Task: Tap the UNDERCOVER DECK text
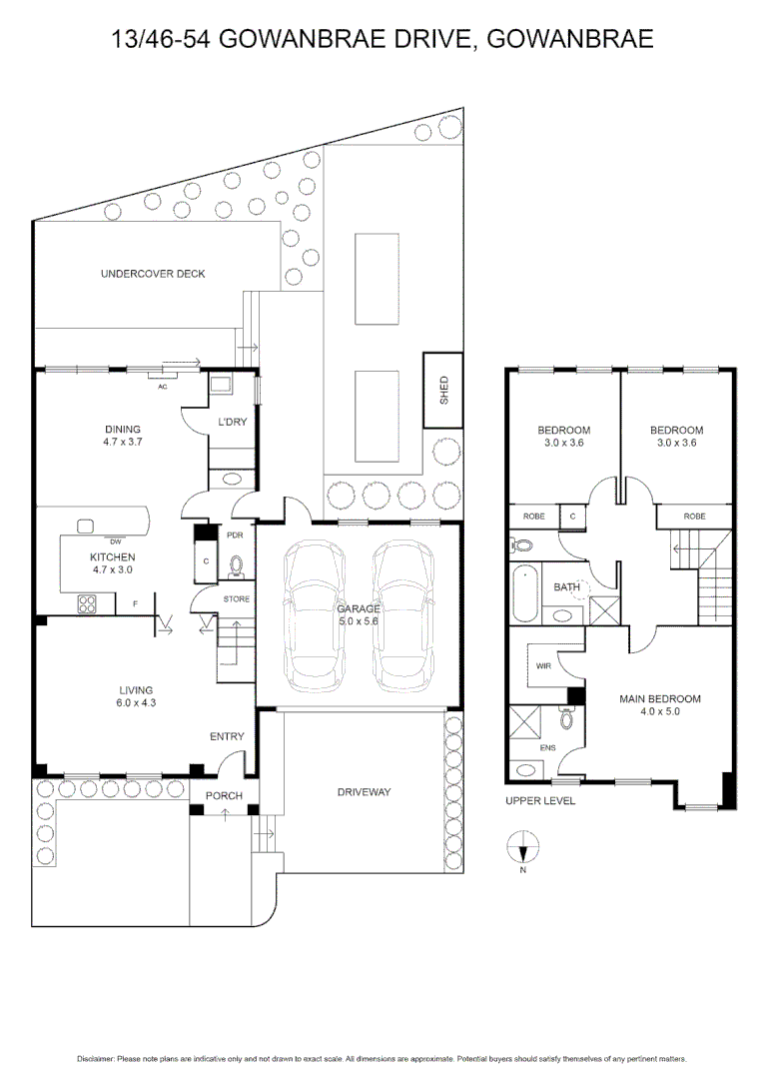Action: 153,274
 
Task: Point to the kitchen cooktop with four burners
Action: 87,602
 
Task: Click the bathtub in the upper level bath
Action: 524,589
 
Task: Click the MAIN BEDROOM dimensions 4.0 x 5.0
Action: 660,713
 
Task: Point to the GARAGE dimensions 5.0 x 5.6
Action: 357,620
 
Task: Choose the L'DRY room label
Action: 233,423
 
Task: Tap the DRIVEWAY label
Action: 364,792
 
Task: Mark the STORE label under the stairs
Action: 237,599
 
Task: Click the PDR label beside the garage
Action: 236,535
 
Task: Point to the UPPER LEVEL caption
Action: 540,801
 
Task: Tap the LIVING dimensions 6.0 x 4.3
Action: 136,703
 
